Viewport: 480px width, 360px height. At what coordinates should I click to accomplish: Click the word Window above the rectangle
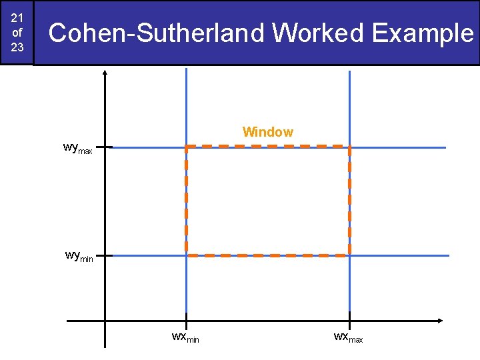pos(267,132)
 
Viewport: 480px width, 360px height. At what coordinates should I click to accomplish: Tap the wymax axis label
pos(77,148)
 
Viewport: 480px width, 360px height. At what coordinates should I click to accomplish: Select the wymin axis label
pos(79,256)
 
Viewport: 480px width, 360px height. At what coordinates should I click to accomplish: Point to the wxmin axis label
pos(185,337)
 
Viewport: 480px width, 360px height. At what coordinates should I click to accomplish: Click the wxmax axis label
pos(348,337)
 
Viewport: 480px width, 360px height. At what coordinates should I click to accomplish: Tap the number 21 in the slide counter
pos(17,17)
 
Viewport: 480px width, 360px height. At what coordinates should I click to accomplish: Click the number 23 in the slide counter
pos(17,48)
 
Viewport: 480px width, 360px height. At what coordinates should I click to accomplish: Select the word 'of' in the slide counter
pos(17,32)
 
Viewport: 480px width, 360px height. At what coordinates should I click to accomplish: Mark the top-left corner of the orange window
pos(186,146)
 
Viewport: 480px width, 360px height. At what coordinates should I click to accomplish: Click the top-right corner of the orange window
pos(349,146)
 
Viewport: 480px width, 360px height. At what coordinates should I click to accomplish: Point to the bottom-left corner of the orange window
pos(186,255)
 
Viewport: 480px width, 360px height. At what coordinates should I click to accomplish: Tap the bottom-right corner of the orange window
pos(349,255)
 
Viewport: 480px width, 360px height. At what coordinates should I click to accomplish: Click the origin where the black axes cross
pos(105,321)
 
